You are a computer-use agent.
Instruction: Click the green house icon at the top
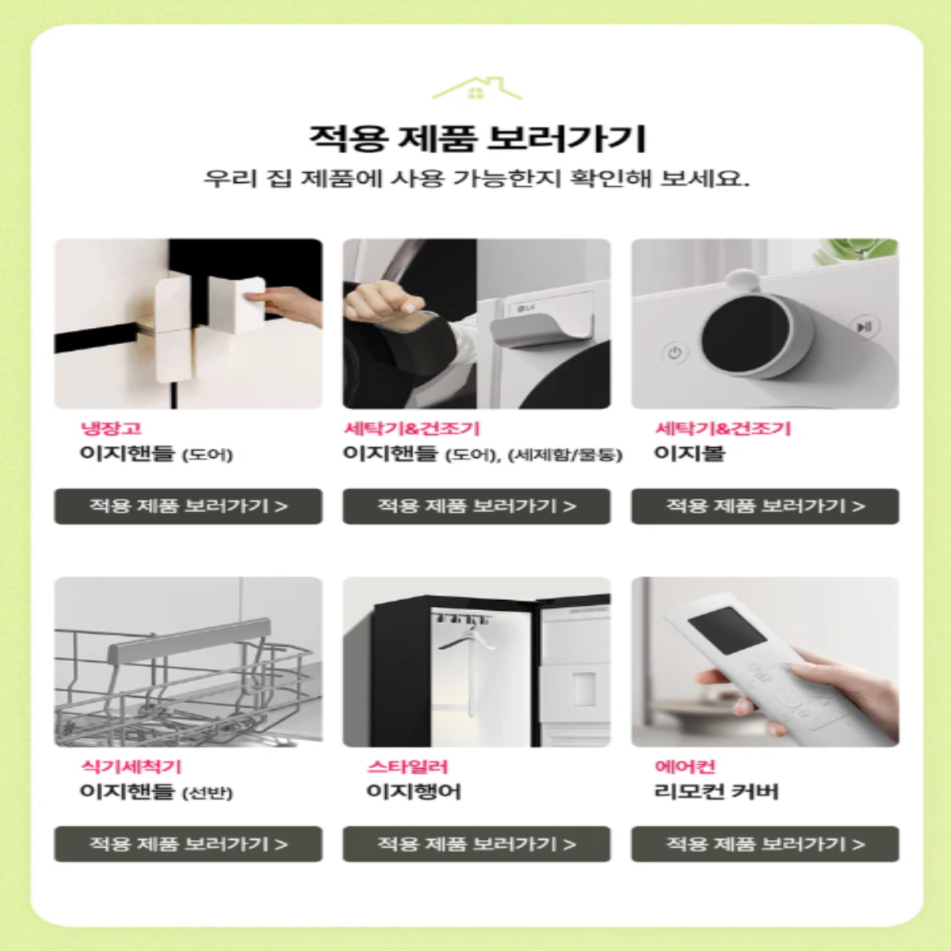[x=476, y=88]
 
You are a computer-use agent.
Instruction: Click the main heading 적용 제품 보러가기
[x=477, y=139]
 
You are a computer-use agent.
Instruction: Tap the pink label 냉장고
[x=111, y=428]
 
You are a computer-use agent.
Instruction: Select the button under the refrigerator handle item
[x=188, y=506]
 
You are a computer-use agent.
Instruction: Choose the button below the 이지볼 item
[x=765, y=506]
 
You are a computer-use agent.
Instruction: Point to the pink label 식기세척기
[x=132, y=766]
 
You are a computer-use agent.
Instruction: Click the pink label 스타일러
[x=407, y=766]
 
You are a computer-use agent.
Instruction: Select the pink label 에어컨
[x=685, y=766]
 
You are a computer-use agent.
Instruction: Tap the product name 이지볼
[x=689, y=453]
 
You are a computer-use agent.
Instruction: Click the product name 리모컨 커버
[x=716, y=792]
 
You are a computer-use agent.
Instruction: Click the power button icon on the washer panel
[x=674, y=353]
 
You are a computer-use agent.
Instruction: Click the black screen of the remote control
[x=727, y=631]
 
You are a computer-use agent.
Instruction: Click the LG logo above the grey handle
[x=526, y=308]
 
